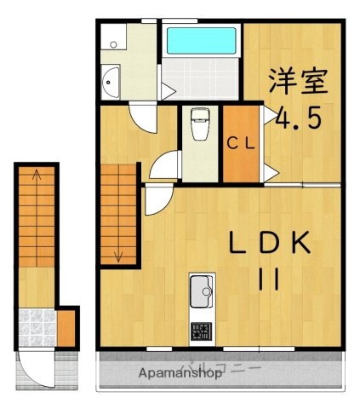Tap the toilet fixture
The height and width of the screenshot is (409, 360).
tap(200, 124)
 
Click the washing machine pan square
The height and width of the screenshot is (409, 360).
tap(112, 38)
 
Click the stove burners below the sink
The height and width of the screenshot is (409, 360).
tap(201, 330)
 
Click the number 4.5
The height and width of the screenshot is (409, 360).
tap(297, 118)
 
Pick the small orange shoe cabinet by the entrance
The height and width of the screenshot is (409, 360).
tap(66, 325)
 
